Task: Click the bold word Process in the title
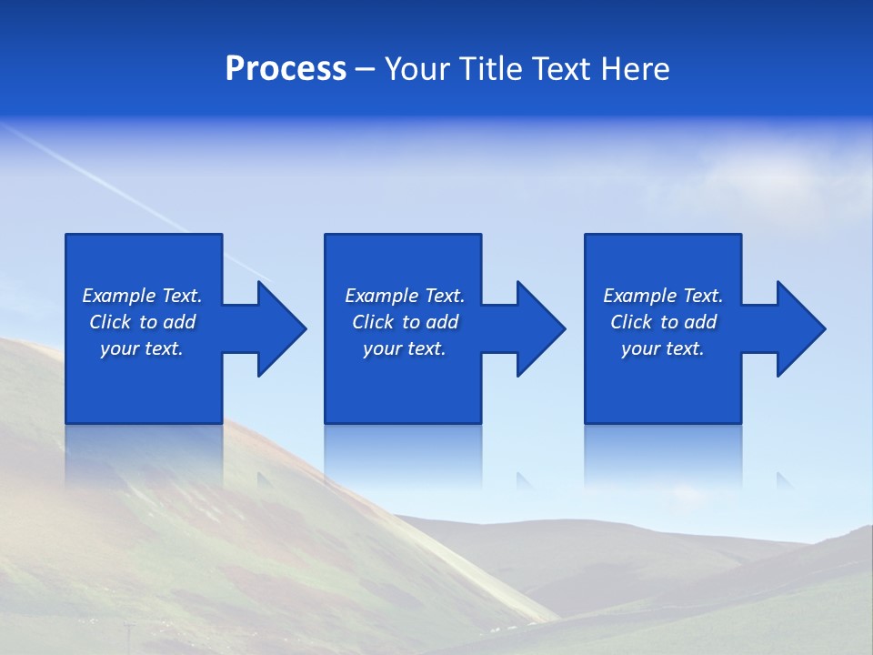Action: coord(286,69)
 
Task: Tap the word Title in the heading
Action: coord(492,69)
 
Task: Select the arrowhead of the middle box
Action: coord(541,328)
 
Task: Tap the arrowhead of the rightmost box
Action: coord(801,328)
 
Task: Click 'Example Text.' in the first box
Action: coord(142,296)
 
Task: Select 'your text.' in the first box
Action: coord(142,348)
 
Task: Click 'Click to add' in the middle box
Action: coord(405,322)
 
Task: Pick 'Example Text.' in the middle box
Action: coord(405,296)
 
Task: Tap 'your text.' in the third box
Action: coord(663,348)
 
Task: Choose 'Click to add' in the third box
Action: coord(663,322)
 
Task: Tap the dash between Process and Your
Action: coord(365,70)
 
